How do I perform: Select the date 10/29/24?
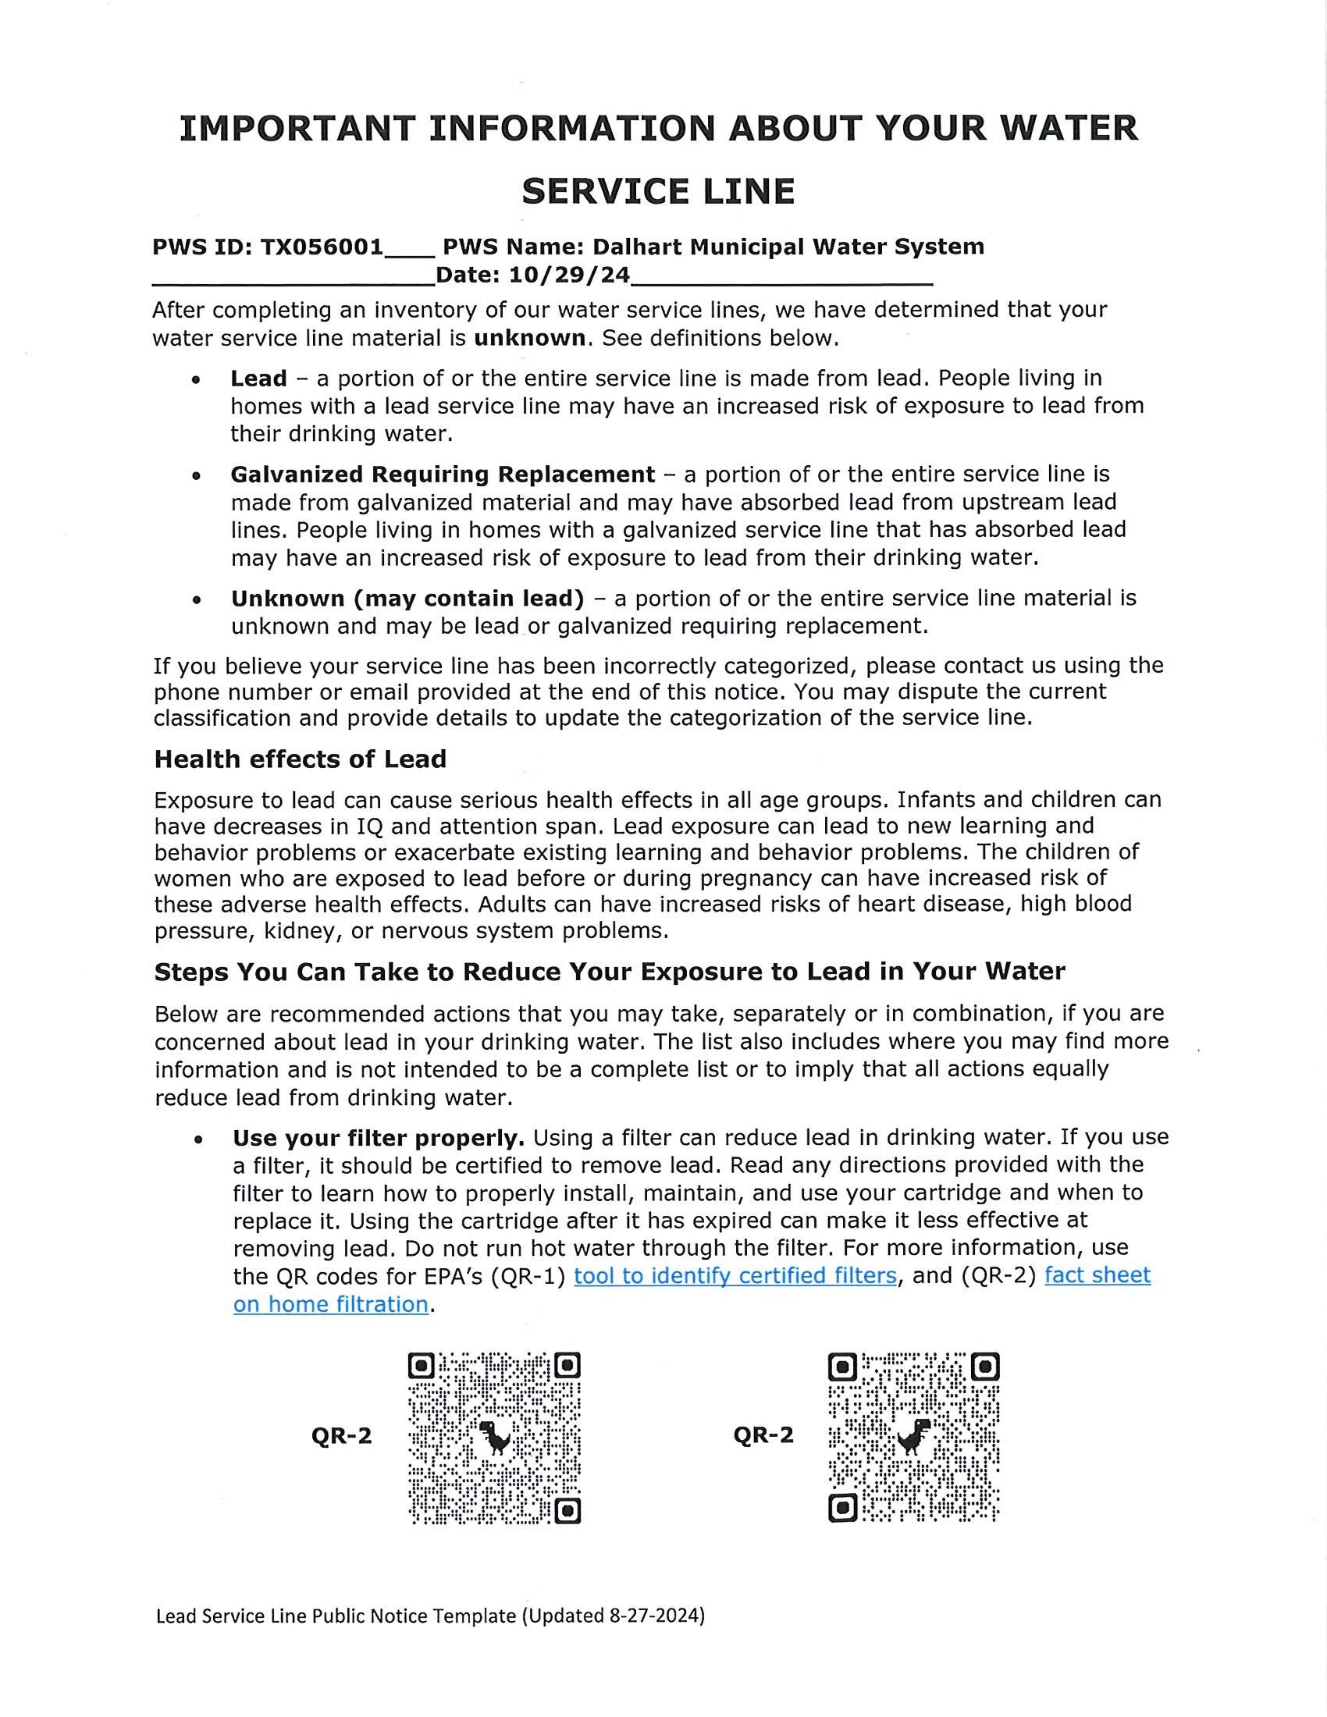(x=569, y=276)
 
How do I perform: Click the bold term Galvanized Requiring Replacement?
(x=442, y=474)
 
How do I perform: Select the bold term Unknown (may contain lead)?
(x=407, y=599)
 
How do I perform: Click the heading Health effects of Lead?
(x=301, y=759)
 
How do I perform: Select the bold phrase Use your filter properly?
(x=378, y=1138)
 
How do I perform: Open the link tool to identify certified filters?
(x=735, y=1275)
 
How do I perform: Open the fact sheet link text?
(x=1097, y=1275)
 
